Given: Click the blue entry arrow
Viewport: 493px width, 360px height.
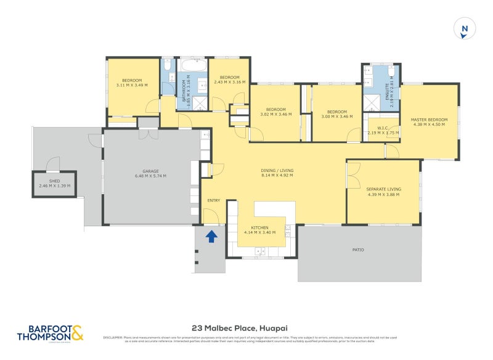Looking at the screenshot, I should tap(211, 235).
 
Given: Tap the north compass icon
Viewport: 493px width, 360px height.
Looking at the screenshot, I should tap(465, 28).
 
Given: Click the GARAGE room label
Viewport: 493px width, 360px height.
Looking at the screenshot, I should tap(150, 171).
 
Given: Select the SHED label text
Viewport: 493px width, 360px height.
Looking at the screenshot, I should tap(54, 181).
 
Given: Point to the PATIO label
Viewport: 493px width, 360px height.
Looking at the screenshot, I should tap(358, 250).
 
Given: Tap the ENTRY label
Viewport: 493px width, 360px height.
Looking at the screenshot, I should tap(213, 200).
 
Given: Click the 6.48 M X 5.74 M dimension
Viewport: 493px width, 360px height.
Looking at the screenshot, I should tap(150, 176).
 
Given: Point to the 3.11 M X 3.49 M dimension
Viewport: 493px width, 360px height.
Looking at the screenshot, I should tap(131, 85).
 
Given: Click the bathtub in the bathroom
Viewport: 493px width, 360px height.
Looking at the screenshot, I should tap(193, 65).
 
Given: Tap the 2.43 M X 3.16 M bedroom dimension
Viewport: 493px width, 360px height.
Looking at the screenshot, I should tap(229, 82).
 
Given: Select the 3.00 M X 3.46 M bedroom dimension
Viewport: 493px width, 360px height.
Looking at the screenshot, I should tap(337, 115).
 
